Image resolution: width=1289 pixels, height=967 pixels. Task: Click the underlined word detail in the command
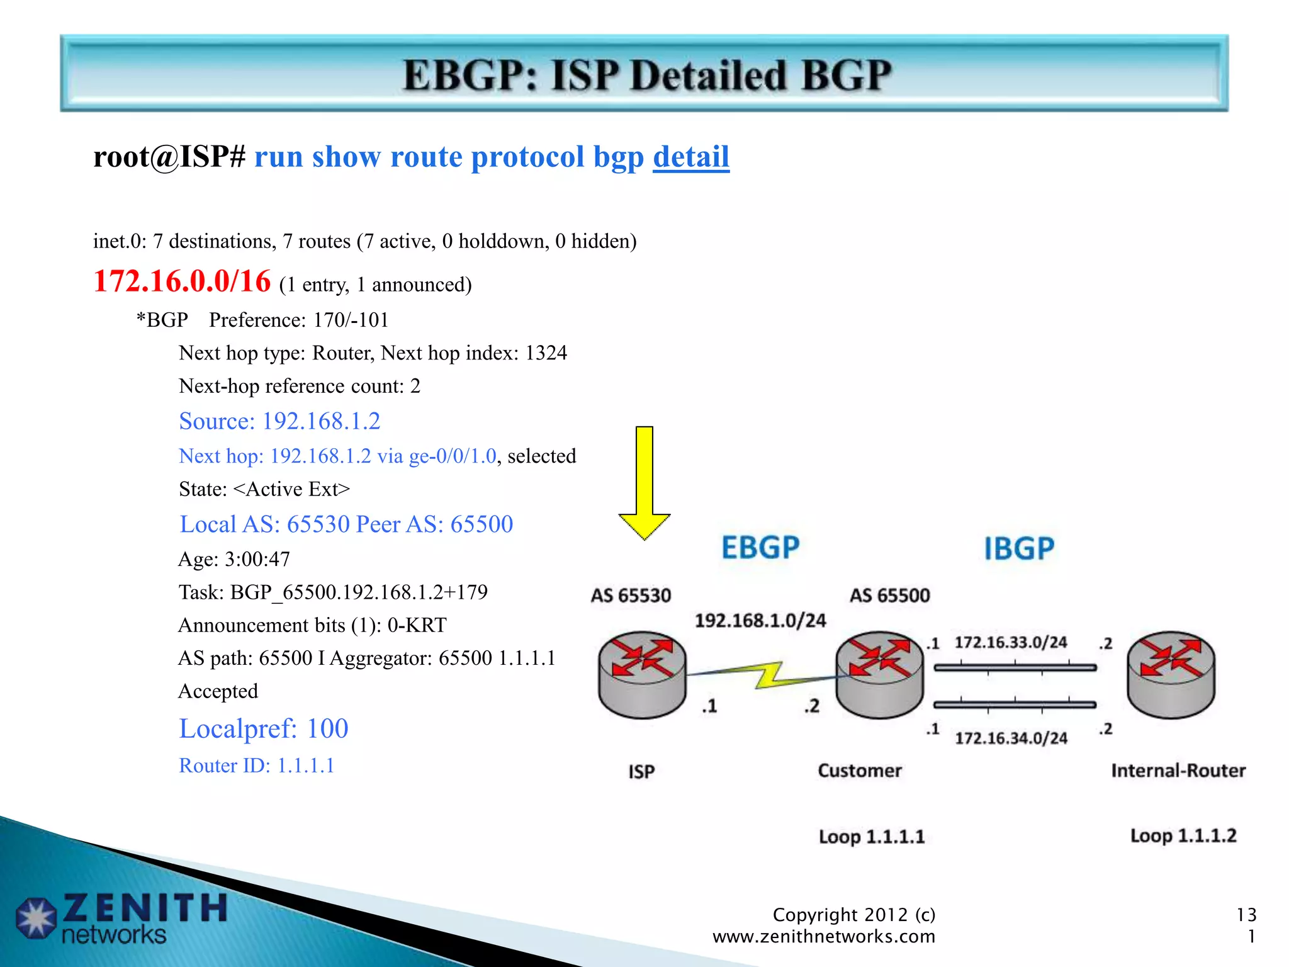690,157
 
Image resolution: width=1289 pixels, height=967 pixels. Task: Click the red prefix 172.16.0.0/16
182,281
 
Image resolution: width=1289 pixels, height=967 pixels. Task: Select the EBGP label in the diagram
760,547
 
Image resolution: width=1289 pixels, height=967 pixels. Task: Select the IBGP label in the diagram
1019,548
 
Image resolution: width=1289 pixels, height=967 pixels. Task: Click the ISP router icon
642,674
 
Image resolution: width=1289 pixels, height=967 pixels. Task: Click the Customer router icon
879,674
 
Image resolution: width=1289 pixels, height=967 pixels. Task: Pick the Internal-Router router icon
1171,674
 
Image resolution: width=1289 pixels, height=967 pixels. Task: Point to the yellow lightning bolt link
769,676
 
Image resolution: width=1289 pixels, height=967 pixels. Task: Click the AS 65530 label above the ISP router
631,596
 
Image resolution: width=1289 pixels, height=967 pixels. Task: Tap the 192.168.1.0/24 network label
760,621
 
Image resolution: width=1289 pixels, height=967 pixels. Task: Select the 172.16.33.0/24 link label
1011,643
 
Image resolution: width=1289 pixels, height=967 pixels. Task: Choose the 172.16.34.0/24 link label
1011,738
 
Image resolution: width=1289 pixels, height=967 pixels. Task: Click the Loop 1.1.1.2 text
1183,836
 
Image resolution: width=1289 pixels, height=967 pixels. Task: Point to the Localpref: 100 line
264,729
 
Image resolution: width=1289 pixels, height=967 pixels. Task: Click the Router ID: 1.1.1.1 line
257,766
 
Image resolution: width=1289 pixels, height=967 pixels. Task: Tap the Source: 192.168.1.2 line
279,421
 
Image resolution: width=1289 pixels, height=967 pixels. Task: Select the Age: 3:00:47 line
234,559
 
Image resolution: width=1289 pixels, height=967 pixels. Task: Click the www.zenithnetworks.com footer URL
823,937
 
